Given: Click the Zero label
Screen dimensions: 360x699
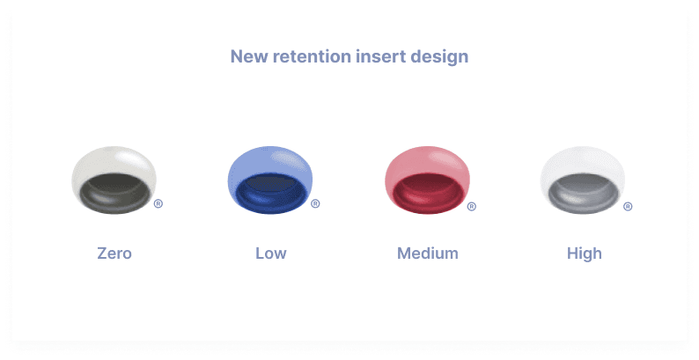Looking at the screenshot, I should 114,253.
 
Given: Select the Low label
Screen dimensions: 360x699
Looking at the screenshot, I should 270,253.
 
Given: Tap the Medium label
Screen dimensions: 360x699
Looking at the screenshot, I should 428,253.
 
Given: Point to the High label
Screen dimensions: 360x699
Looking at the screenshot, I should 584,253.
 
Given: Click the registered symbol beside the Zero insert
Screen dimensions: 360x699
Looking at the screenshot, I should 158,203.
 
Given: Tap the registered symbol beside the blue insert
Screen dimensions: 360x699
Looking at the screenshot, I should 315,203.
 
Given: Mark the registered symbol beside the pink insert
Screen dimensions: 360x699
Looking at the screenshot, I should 471,207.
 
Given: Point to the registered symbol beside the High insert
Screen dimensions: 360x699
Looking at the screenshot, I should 628,207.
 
